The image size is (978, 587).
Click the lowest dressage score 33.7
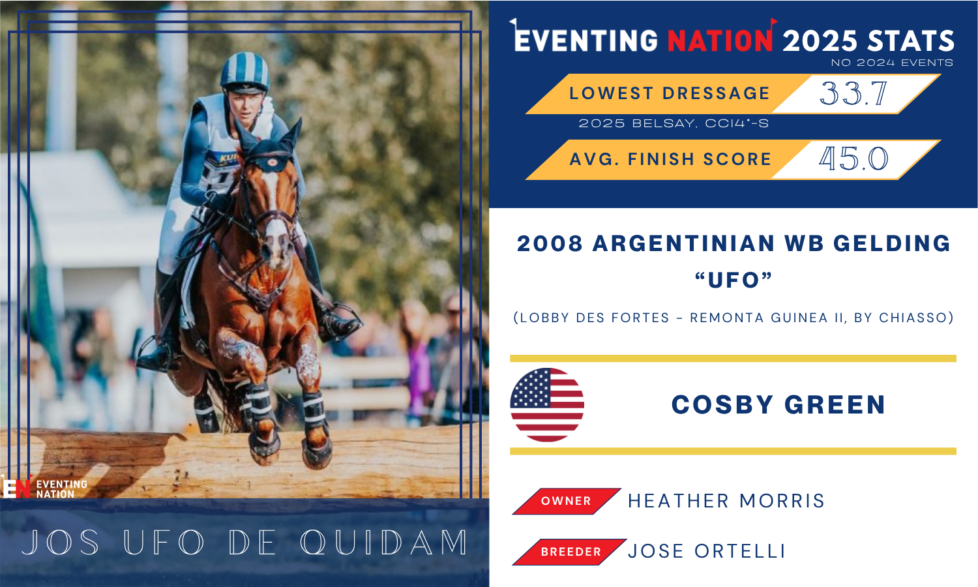click(853, 93)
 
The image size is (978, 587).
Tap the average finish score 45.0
click(853, 158)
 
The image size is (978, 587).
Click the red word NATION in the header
click(721, 40)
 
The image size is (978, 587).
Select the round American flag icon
click(547, 405)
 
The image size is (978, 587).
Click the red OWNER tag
click(567, 501)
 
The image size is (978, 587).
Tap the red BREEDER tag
click(569, 552)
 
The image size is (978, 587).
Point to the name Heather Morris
click(726, 501)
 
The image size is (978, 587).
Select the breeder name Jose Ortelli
click(706, 551)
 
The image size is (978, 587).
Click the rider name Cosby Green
click(778, 405)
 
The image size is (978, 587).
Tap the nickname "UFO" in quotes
click(733, 280)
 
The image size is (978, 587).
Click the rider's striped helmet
click(244, 72)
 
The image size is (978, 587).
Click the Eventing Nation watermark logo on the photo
click(44, 487)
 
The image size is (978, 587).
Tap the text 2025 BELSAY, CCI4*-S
click(674, 124)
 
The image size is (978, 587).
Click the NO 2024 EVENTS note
click(892, 63)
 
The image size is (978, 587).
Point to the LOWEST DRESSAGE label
click(670, 93)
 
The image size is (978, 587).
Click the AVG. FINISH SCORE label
click(671, 159)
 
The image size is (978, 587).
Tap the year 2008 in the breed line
click(550, 244)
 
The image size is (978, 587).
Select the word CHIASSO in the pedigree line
click(913, 318)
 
